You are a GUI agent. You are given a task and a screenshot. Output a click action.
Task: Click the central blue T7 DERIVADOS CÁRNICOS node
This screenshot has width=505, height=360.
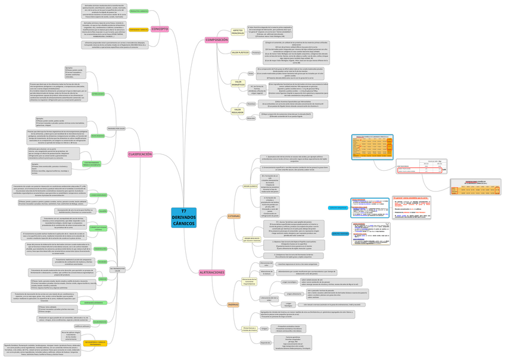point(183,218)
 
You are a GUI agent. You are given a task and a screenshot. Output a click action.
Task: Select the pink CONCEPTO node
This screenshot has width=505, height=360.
point(160,29)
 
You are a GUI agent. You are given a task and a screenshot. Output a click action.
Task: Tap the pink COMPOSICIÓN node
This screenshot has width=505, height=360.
point(216,40)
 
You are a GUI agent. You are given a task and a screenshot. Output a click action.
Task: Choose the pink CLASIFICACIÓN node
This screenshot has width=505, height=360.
point(140,154)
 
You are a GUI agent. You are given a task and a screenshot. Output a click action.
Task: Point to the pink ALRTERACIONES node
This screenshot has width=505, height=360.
point(211,272)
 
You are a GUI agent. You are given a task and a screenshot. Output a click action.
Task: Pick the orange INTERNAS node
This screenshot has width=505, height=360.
point(217,305)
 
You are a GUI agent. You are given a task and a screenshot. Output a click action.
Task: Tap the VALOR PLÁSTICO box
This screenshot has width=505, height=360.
point(240,52)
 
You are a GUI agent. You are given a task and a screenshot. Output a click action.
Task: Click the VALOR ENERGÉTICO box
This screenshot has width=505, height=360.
point(238,83)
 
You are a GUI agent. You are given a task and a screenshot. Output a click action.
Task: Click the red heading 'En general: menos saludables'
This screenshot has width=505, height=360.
point(411,197)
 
